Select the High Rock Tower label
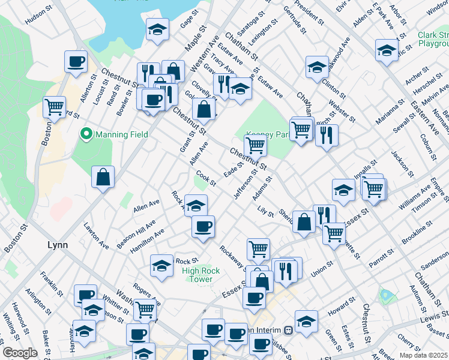(x=200, y=275)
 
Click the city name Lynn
(x=58, y=245)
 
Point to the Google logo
(x=20, y=353)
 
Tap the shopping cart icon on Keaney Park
(x=256, y=145)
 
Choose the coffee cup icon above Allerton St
(x=76, y=61)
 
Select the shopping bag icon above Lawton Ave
(x=103, y=176)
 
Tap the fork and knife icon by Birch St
(x=327, y=135)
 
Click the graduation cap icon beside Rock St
(x=161, y=265)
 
